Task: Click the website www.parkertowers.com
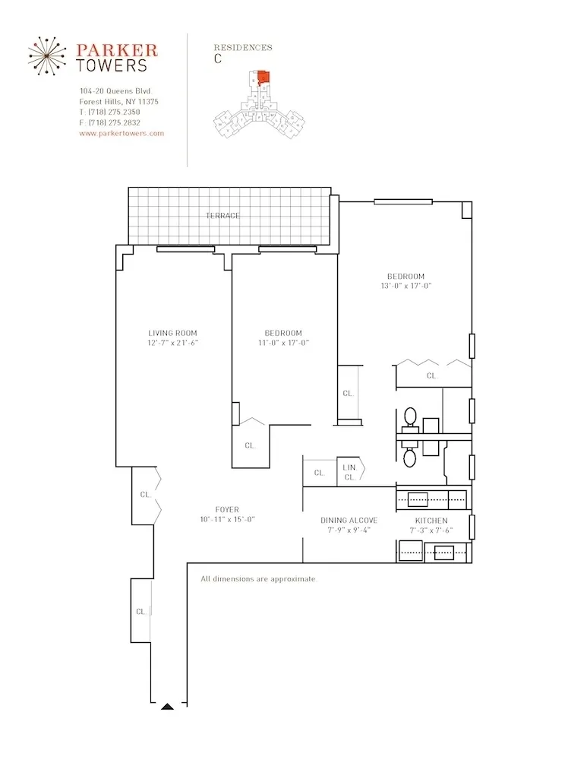122,133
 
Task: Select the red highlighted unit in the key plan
263,78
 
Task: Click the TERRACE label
222,216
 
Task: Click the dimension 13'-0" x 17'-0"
406,287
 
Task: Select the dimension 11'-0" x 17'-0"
283,343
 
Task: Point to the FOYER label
226,509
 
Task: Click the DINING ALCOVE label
349,521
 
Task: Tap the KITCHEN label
431,521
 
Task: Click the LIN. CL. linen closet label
350,472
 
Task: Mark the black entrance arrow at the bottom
168,706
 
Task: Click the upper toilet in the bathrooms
410,417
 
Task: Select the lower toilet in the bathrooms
410,457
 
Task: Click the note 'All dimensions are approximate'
258,579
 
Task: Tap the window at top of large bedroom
402,201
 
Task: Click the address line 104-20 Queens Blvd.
116,91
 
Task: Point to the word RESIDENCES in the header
243,47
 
